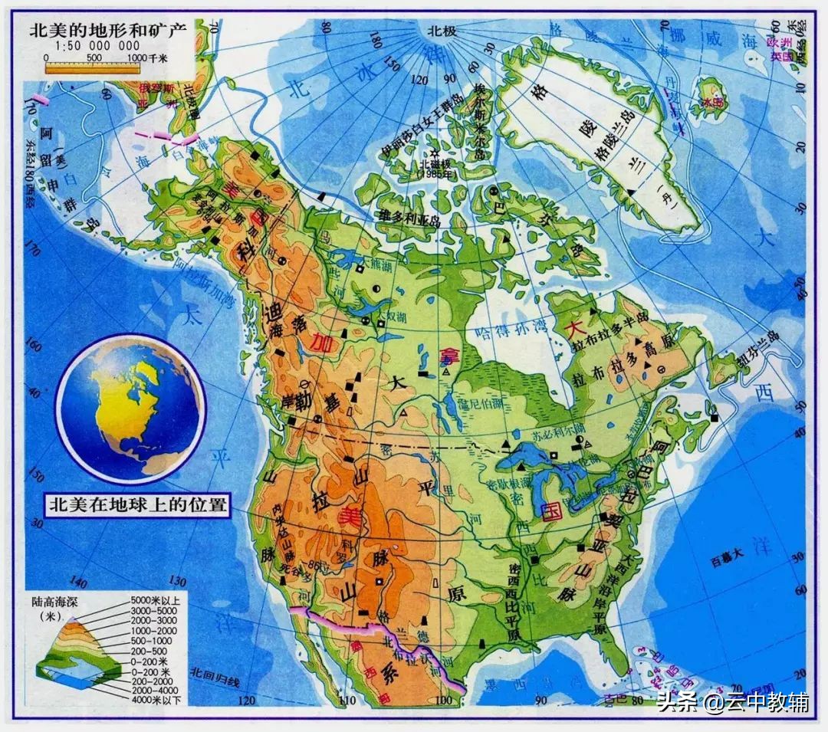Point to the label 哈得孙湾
(x=511, y=330)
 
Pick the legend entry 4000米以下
(x=156, y=700)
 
